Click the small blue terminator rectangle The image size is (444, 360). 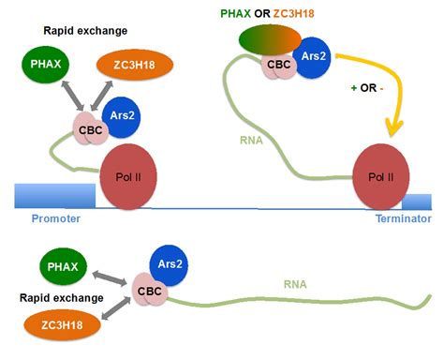pyautogui.click(x=417, y=201)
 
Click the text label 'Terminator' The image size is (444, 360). pyautogui.click(x=404, y=218)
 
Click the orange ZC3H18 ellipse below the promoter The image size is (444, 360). pyautogui.click(x=55, y=325)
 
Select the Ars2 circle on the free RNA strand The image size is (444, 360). pyautogui.click(x=168, y=267)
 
